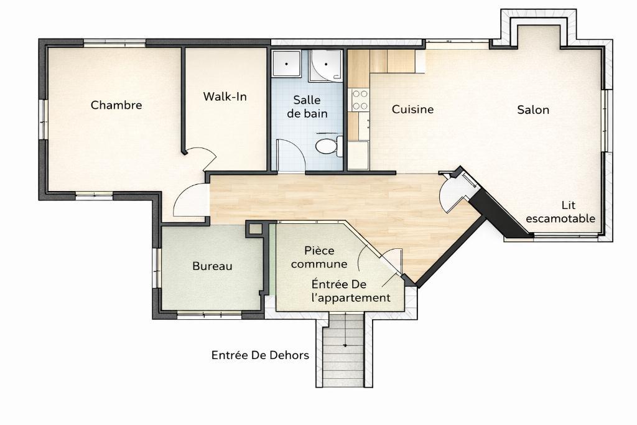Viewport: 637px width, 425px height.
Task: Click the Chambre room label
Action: point(116,105)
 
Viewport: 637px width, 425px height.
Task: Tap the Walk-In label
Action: point(225,97)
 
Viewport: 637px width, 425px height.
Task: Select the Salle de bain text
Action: point(307,106)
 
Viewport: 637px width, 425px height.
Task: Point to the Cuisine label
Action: point(412,110)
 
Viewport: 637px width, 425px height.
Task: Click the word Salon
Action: point(533,110)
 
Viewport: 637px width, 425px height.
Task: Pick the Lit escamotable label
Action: point(560,212)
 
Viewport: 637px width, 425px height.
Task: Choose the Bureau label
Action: point(212,266)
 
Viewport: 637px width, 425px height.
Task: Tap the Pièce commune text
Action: point(319,257)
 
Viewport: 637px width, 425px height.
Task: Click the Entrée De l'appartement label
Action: point(351,291)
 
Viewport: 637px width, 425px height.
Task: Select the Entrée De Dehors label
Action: point(260,355)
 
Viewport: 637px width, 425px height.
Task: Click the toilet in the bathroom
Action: point(327,147)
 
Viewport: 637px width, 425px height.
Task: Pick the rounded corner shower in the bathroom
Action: point(327,65)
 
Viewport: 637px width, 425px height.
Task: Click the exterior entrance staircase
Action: point(343,351)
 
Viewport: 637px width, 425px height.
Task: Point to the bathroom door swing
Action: point(289,156)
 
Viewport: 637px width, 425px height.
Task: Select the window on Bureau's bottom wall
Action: point(209,315)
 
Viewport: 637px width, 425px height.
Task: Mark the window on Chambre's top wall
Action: point(114,42)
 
